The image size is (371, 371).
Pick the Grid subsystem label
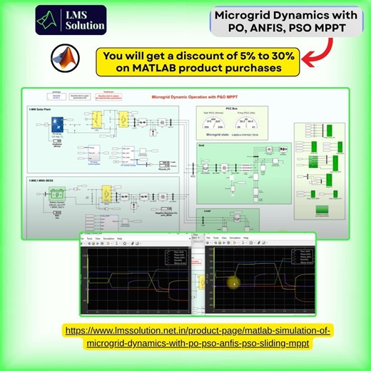[x=203, y=145]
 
